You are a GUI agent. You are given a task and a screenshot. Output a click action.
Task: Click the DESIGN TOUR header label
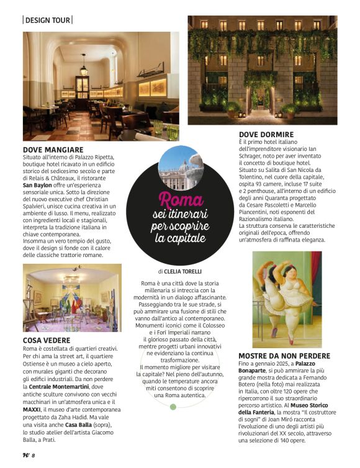click(x=47, y=20)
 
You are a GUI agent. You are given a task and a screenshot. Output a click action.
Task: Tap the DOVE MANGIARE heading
click(x=53, y=150)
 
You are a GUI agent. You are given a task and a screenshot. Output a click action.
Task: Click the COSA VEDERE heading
click(x=47, y=340)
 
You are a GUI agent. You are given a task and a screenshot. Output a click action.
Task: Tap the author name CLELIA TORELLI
click(x=185, y=271)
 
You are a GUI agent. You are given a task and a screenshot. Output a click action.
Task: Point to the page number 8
click(x=33, y=455)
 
